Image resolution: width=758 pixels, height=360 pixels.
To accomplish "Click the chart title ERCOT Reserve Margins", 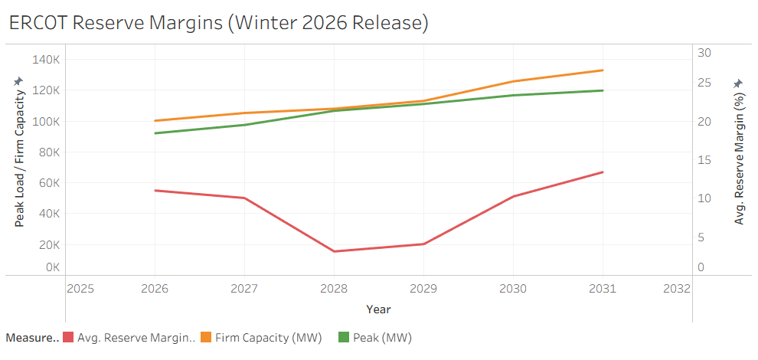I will [x=218, y=23].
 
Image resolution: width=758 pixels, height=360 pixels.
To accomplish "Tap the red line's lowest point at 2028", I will [x=334, y=251].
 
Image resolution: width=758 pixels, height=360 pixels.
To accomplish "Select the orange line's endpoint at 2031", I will [x=603, y=70].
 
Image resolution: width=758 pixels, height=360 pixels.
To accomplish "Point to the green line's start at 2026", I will [x=155, y=133].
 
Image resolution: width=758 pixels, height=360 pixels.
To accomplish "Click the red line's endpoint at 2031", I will [x=603, y=172].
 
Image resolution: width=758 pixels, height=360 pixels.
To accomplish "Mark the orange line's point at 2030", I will [x=513, y=81].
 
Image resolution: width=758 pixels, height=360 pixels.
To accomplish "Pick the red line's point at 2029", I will [x=423, y=244].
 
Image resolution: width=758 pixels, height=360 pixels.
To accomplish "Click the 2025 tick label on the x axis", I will [x=80, y=289].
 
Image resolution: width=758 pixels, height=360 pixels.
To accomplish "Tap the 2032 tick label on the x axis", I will [x=677, y=289].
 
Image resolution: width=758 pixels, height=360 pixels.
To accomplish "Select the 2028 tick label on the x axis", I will [x=334, y=289].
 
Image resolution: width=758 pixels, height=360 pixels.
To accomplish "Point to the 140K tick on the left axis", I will [x=47, y=60].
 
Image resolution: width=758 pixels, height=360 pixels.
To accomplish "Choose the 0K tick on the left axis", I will [x=52, y=267].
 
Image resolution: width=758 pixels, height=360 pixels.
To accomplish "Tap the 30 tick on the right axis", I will [x=704, y=52].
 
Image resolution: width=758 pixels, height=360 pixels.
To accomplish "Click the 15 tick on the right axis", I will [x=704, y=160].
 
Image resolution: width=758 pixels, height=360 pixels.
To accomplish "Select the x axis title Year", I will [x=378, y=309].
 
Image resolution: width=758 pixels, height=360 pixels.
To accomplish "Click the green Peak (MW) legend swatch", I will [x=344, y=337].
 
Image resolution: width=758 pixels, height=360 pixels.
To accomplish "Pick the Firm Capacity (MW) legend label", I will [x=268, y=337].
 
